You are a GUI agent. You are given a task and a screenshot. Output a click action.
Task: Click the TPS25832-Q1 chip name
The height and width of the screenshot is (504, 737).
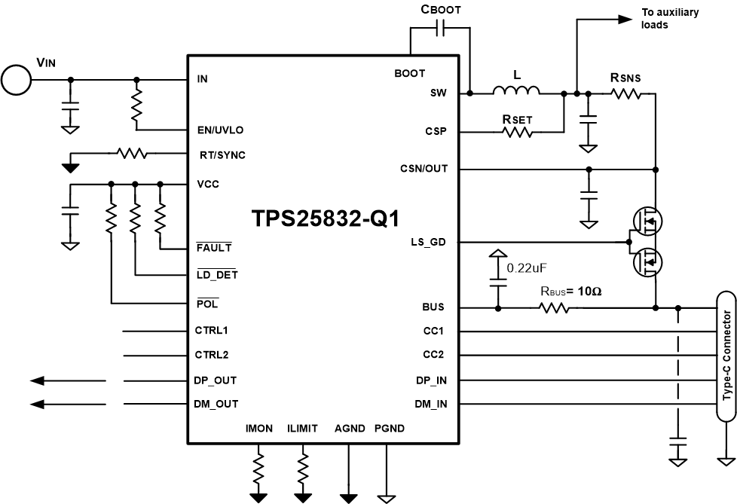point(326,218)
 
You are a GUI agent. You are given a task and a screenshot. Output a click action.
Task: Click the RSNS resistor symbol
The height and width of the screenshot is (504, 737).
point(625,93)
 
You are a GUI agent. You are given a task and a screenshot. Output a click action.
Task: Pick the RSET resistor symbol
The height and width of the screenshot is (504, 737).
point(517,132)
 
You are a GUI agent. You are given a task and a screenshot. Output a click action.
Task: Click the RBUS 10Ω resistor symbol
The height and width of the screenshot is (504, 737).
point(555,307)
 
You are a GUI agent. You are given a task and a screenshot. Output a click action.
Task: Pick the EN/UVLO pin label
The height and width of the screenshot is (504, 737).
point(219,130)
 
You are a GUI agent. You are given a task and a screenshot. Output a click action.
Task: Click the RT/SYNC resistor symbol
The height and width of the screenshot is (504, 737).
point(132,154)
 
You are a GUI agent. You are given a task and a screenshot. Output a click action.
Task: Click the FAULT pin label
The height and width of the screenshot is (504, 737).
point(213,247)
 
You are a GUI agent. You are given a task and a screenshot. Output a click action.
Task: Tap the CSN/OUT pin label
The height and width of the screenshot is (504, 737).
point(424,169)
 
